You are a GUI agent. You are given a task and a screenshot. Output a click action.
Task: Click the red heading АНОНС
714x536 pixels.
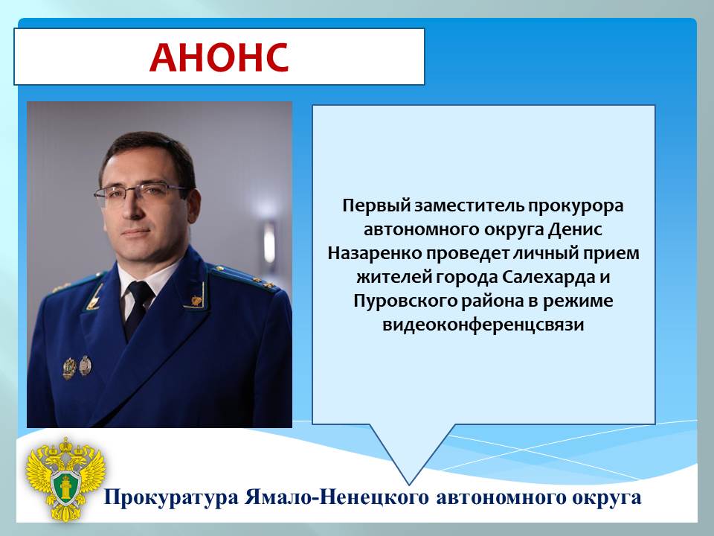tap(219, 57)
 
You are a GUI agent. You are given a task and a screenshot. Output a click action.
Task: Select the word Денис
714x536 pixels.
tap(575, 229)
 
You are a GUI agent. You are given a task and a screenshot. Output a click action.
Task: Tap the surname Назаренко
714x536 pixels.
tap(375, 253)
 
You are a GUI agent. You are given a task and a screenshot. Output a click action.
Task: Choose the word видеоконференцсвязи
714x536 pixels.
tap(483, 325)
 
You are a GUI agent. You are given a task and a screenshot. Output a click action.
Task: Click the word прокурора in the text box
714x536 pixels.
tap(576, 206)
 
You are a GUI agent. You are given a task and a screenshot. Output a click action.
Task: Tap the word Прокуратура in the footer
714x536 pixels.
tap(171, 497)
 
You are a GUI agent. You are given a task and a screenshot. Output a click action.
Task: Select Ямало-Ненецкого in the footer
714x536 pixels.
tap(336, 497)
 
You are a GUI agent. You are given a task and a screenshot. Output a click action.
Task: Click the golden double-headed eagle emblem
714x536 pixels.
tap(65, 479)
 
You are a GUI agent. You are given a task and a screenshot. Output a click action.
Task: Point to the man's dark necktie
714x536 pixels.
tap(138, 308)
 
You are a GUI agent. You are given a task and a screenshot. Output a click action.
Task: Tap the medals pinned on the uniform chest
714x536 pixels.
tap(77, 367)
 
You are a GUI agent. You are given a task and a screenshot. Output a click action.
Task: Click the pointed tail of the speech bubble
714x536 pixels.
tap(408, 484)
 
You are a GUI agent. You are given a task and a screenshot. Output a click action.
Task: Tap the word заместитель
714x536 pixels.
tap(469, 206)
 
